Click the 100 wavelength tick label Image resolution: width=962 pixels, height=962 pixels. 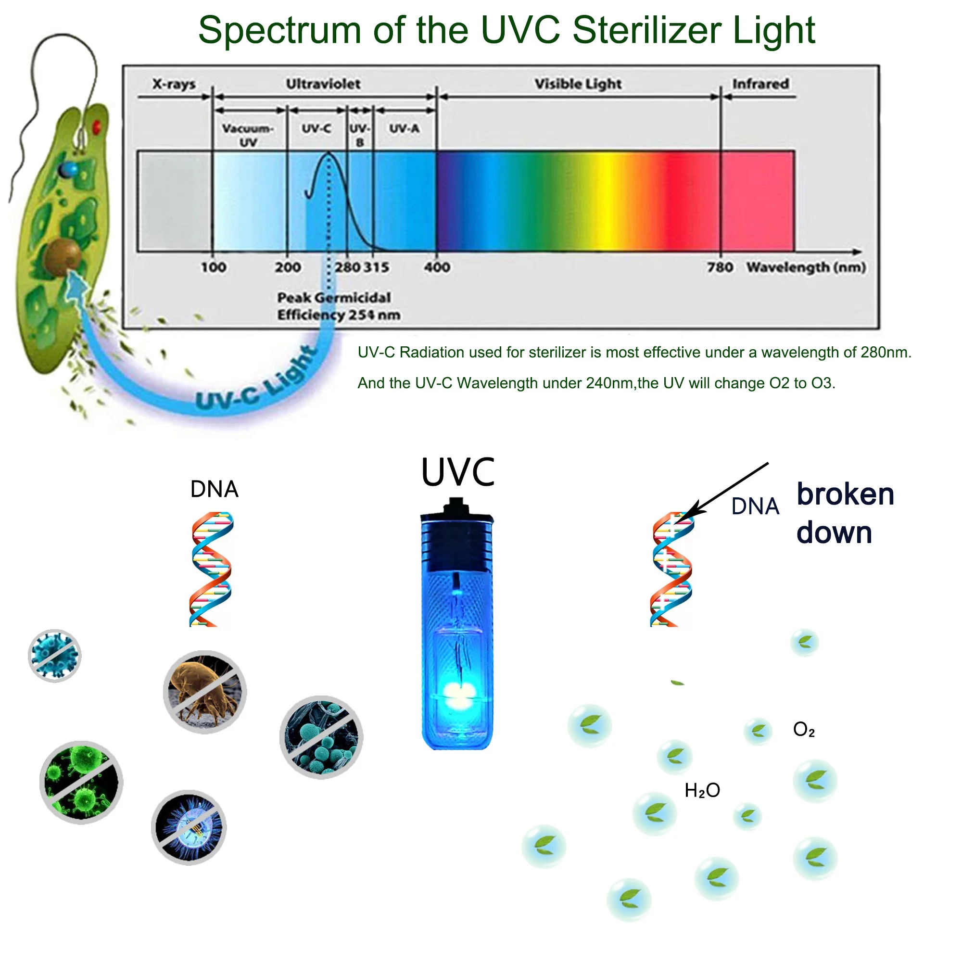coord(214,268)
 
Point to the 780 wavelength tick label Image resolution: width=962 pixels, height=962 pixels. coord(720,268)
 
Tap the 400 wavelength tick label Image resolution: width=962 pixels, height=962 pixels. coord(437,268)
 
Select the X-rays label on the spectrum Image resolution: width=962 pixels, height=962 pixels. coord(174,84)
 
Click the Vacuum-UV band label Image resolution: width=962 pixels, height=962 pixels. coord(248,136)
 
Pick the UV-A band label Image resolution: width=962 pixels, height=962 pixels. coord(405,128)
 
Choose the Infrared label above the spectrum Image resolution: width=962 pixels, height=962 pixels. coord(760,84)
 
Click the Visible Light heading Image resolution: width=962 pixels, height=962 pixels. coord(578,84)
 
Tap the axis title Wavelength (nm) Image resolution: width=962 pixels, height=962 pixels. coord(806,268)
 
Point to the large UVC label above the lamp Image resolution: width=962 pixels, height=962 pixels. coord(457,472)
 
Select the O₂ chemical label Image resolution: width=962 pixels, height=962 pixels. coord(804,730)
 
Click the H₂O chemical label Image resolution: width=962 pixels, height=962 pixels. coord(702,791)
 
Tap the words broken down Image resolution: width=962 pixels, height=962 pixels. coord(845,513)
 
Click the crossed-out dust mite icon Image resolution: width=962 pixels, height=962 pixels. coord(204,692)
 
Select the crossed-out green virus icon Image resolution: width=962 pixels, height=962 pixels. coord(81,782)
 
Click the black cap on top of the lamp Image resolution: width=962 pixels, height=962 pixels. coord(456,506)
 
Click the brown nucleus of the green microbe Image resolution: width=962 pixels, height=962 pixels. coord(62,257)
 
